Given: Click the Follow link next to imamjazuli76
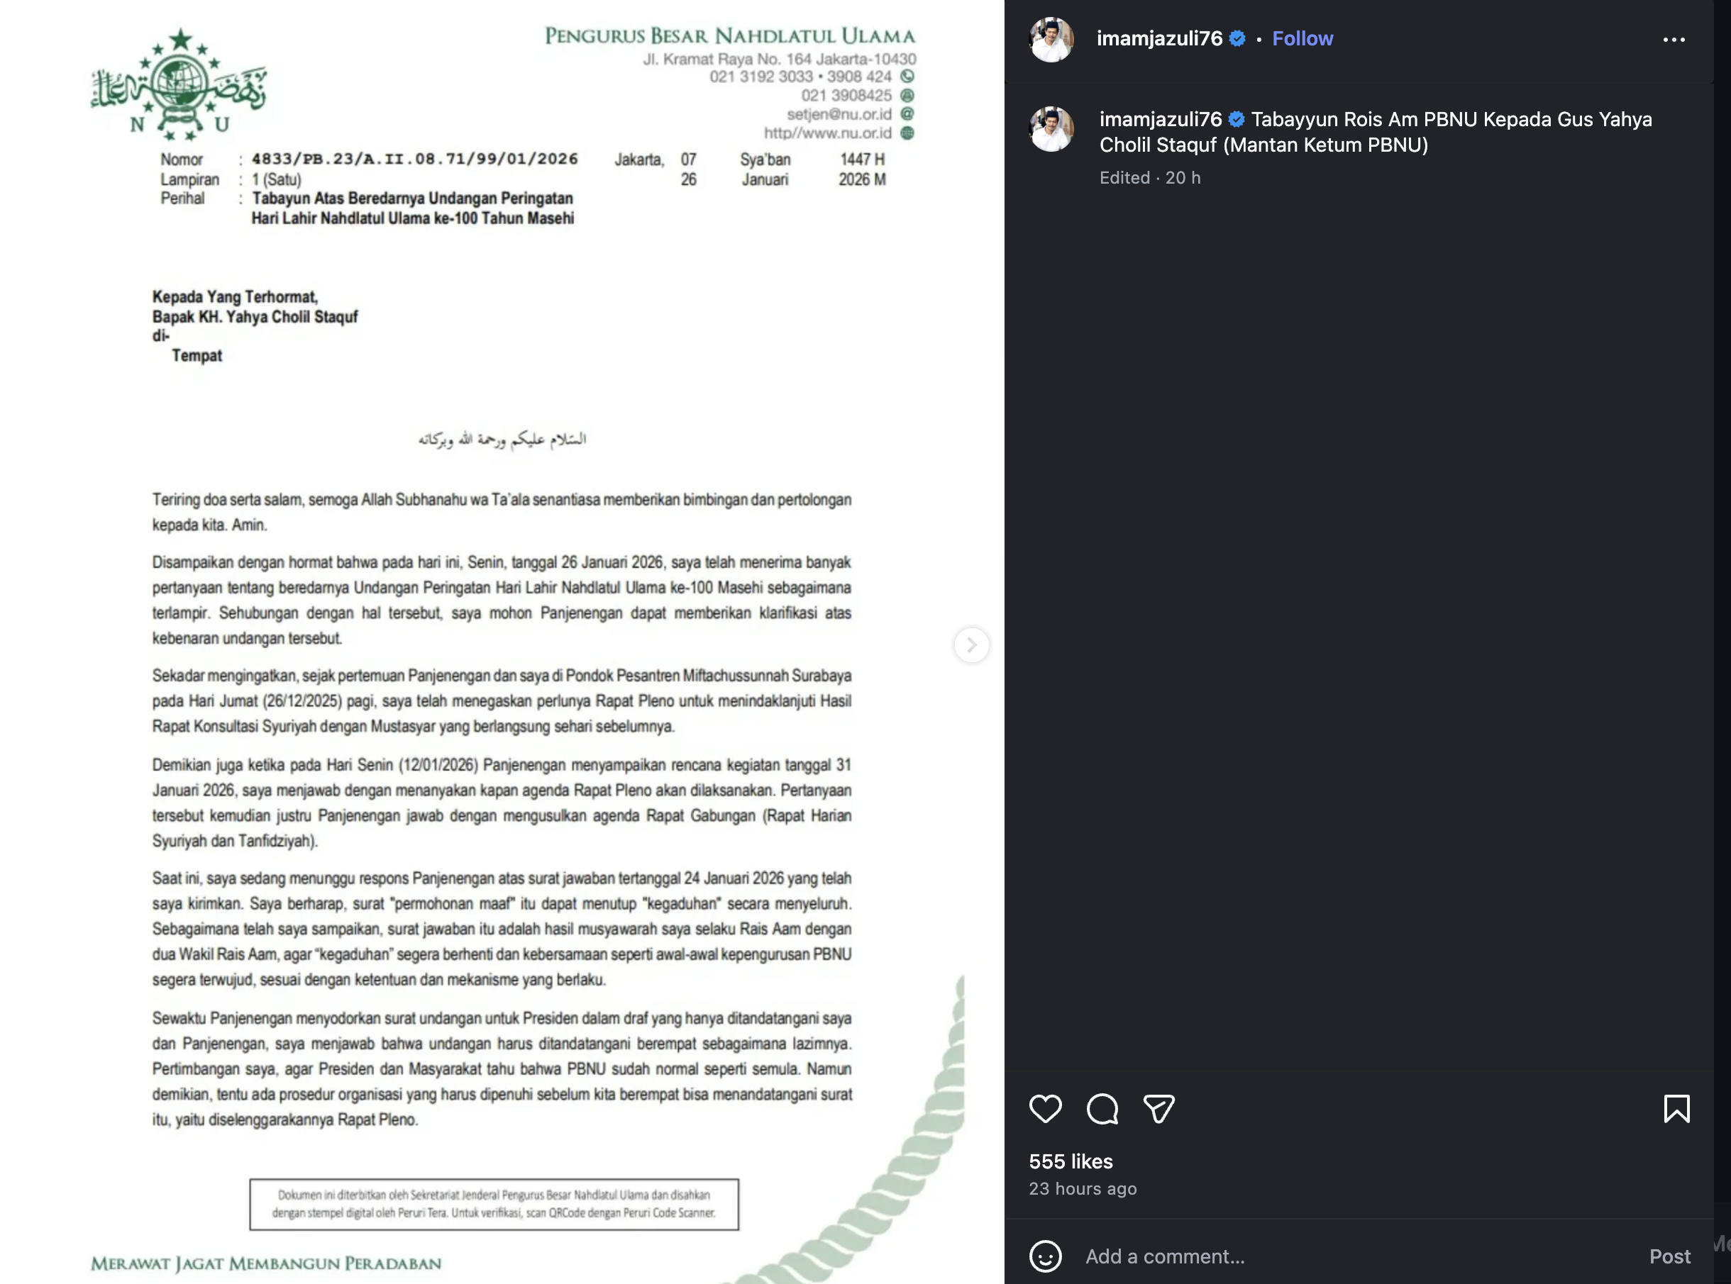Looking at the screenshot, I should pos(1302,39).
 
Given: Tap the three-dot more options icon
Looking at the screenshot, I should pos(1674,40).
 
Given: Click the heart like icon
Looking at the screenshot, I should pos(1045,1108).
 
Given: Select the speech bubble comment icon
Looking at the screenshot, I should pos(1102,1108).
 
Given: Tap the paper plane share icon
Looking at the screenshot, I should pos(1158,1108).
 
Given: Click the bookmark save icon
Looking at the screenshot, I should pos(1676,1108).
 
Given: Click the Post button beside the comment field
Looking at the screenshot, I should pos(1669,1256).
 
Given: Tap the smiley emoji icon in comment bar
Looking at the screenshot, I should pos(1045,1256).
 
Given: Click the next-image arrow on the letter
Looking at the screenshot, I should pos(971,645).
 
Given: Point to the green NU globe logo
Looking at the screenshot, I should pos(179,84).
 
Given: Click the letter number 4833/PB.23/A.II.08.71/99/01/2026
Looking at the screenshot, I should pos(414,160).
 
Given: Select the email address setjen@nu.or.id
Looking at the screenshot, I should pos(839,114).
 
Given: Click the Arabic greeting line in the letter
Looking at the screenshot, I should pos(502,439).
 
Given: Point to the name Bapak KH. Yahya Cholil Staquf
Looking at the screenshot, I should pos(255,317).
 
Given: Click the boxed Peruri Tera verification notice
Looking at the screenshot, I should pos(494,1204).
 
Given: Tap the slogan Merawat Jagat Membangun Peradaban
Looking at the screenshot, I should pos(266,1263).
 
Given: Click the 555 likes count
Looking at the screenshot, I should pos(1071,1161).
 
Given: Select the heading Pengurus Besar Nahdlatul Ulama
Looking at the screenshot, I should pos(729,35).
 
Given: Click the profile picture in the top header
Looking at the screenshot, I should pos(1051,39).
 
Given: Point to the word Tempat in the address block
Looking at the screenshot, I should pos(197,356).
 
